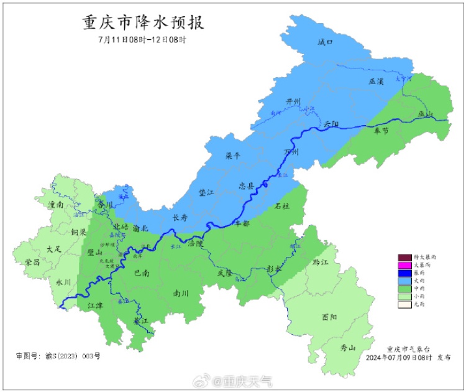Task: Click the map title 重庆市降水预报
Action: pyautogui.click(x=144, y=22)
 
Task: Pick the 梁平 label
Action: pyautogui.click(x=233, y=156)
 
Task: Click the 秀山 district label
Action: pyautogui.click(x=348, y=348)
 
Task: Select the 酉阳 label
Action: pyautogui.click(x=330, y=317)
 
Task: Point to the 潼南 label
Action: pyautogui.click(x=56, y=204)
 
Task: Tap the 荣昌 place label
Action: pyautogui.click(x=32, y=263)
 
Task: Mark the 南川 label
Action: pyautogui.click(x=181, y=292)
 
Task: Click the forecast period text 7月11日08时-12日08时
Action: pyautogui.click(x=142, y=39)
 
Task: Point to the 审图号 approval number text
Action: pyautogui.click(x=58, y=356)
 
